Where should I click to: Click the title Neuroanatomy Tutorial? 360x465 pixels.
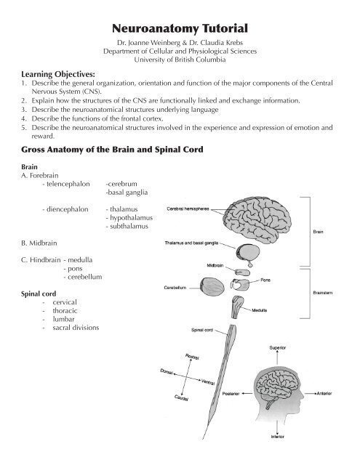pyautogui.click(x=180, y=29)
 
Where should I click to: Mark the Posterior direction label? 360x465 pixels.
pyautogui.click(x=231, y=393)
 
